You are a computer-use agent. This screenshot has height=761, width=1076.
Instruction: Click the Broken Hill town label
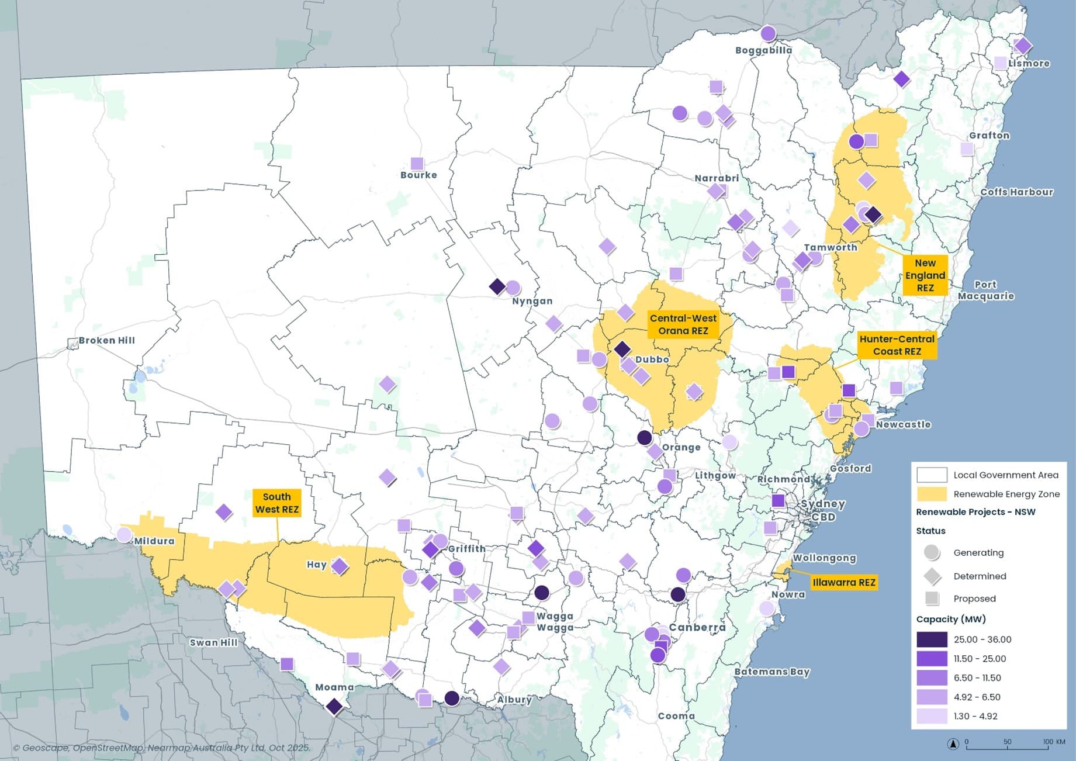pos(106,340)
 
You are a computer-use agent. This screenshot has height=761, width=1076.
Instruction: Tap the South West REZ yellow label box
pos(277,503)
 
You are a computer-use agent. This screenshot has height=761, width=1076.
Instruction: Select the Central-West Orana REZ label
pos(683,324)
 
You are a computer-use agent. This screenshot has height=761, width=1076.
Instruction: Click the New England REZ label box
pos(925,275)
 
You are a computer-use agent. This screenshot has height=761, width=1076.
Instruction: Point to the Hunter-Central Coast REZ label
pos(897,345)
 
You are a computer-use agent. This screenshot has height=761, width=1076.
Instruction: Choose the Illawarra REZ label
pos(843,582)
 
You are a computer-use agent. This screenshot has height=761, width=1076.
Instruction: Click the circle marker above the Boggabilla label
pos(768,33)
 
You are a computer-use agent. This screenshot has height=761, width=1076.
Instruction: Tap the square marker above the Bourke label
pos(417,163)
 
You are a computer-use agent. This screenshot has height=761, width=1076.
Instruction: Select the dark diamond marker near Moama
pos(334,706)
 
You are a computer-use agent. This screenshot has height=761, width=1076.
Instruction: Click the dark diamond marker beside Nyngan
pos(497,286)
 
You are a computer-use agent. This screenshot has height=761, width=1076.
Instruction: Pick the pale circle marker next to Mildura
pos(124,534)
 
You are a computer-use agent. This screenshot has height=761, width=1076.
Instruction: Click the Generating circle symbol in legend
pos(932,552)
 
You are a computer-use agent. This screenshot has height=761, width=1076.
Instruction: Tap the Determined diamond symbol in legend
pos(932,576)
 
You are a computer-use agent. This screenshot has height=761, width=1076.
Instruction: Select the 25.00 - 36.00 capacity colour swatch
pos(932,639)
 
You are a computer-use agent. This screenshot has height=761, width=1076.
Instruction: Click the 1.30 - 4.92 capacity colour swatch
pos(932,716)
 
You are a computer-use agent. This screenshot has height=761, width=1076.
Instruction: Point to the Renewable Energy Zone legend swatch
pos(932,494)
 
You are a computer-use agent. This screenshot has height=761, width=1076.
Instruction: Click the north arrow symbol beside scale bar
pos(953,744)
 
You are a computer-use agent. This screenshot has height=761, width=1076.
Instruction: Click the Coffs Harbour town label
pos(1016,192)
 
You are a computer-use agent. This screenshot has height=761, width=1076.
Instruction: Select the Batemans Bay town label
pos(771,672)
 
